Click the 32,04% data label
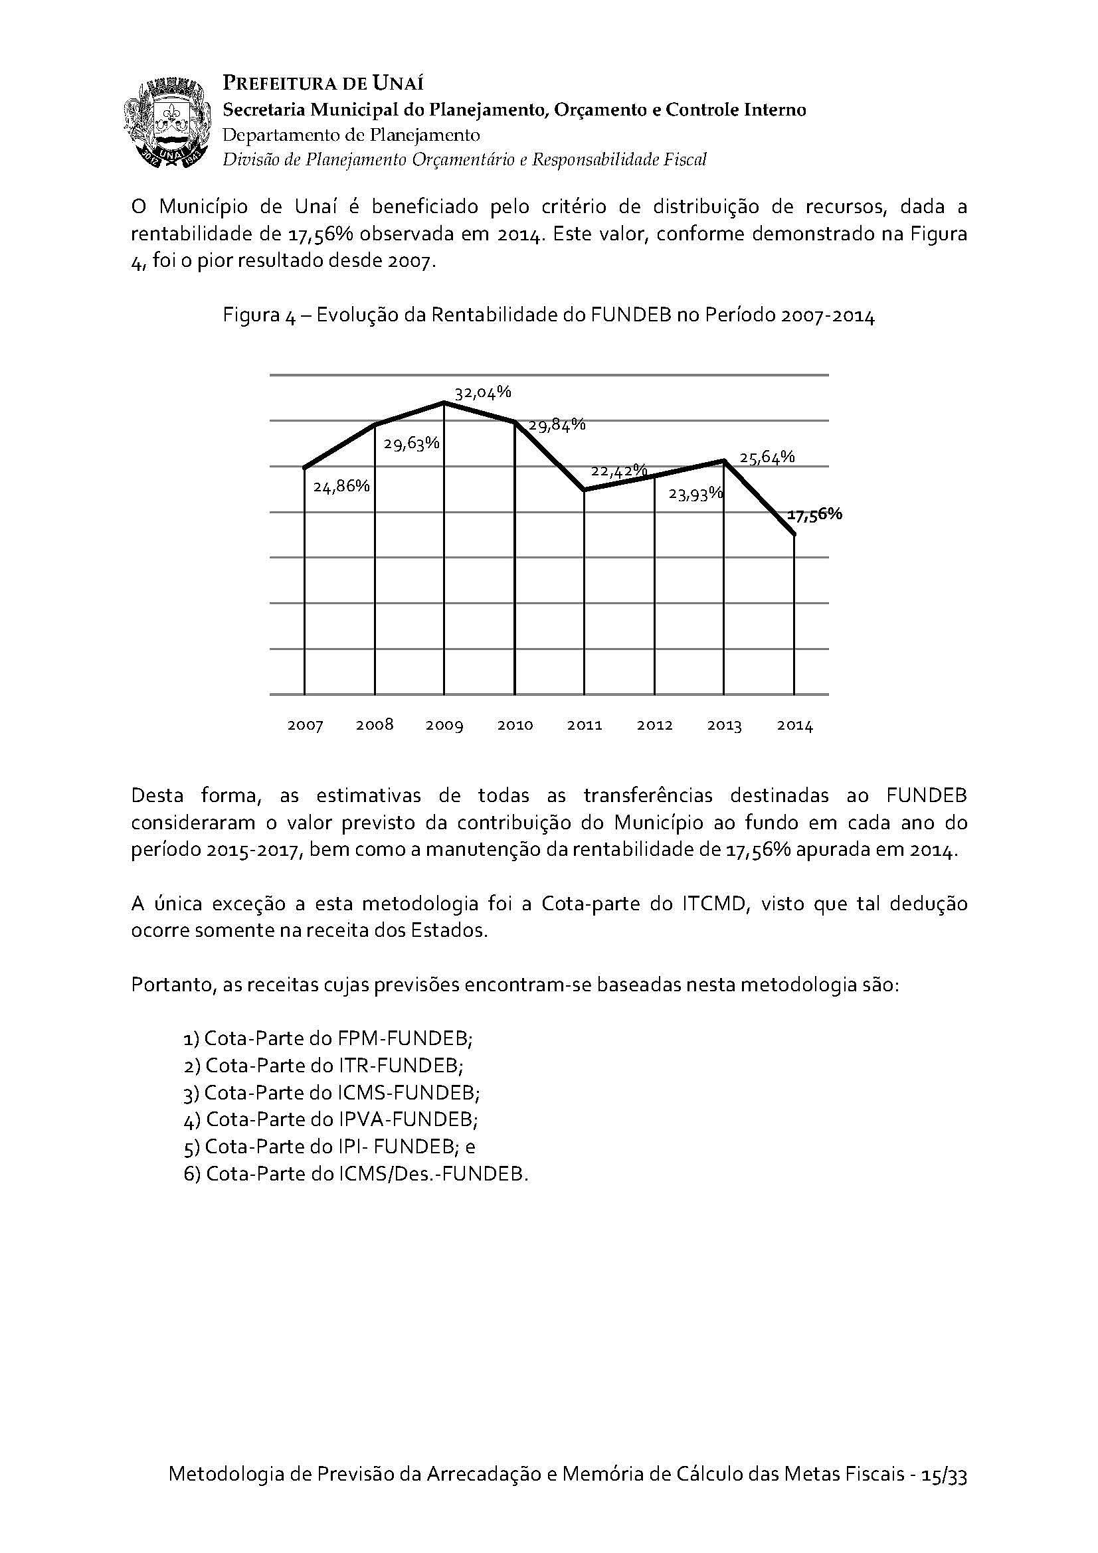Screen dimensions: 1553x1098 (482, 392)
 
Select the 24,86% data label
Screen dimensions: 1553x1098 (341, 485)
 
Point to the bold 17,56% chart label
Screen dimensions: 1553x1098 (814, 515)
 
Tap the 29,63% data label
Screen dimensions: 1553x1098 (411, 444)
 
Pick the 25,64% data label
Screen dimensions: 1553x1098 (767, 457)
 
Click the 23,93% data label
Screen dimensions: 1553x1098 (695, 495)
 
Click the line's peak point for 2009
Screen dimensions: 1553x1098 (444, 402)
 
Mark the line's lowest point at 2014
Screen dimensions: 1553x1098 (794, 535)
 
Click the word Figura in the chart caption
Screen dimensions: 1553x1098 (250, 317)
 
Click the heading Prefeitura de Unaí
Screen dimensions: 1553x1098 (323, 84)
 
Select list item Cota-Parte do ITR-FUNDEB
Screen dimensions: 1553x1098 (323, 1065)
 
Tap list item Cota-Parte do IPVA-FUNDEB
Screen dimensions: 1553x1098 (331, 1119)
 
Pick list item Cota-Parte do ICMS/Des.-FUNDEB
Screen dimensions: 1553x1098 (356, 1173)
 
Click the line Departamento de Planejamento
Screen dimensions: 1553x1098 (351, 135)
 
